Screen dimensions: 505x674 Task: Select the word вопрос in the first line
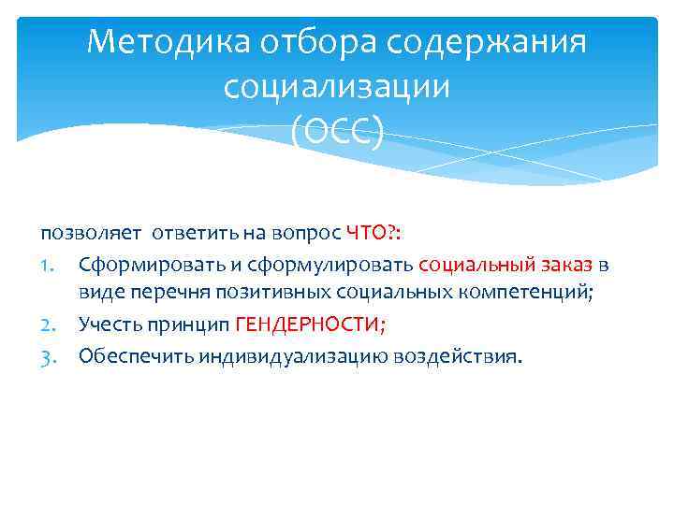(314, 233)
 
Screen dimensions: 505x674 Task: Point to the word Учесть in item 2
(110, 325)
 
